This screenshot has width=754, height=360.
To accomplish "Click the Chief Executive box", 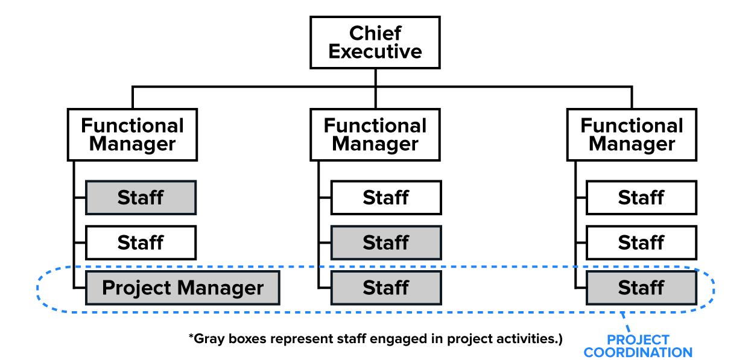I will click(x=375, y=42).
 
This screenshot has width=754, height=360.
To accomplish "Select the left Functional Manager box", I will click(x=132, y=134).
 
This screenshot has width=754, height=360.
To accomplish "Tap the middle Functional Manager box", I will click(x=375, y=134).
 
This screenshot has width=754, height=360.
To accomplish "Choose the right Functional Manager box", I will click(x=632, y=134).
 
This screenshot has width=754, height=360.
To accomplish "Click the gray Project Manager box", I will click(x=183, y=288).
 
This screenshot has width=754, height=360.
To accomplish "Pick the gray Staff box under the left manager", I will click(x=141, y=197).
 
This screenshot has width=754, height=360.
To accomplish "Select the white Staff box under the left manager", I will click(x=141, y=242).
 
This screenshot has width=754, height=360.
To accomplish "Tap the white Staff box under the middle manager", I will click(x=386, y=197).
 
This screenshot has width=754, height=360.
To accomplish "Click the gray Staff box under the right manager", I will click(x=641, y=288).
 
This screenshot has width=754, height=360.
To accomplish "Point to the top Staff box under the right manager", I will click(x=641, y=197).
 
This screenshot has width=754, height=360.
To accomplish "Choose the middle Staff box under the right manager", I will click(x=641, y=242).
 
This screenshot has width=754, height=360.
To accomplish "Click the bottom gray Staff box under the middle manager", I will click(x=386, y=288).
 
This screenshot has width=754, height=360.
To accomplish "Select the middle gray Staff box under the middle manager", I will click(x=386, y=242).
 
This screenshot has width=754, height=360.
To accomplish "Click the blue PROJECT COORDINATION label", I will click(x=638, y=346).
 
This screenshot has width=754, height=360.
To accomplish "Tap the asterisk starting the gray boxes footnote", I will click(x=191, y=336).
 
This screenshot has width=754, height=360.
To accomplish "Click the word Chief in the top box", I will click(x=375, y=33).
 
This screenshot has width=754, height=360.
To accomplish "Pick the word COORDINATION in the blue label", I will click(x=638, y=352).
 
